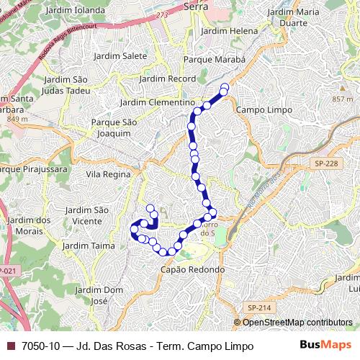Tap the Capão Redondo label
(x=192, y=269)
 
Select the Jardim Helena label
(x=229, y=32)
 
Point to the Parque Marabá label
(x=215, y=60)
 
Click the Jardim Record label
(x=163, y=78)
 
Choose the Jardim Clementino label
(x=148, y=103)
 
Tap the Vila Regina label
(x=108, y=174)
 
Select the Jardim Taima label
(x=89, y=246)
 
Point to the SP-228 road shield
(x=325, y=165)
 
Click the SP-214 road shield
(x=259, y=307)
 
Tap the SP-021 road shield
(x=6, y=271)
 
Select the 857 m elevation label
(x=343, y=99)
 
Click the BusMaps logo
(x=325, y=346)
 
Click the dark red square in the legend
(x=10, y=346)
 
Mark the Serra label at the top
(x=196, y=6)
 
